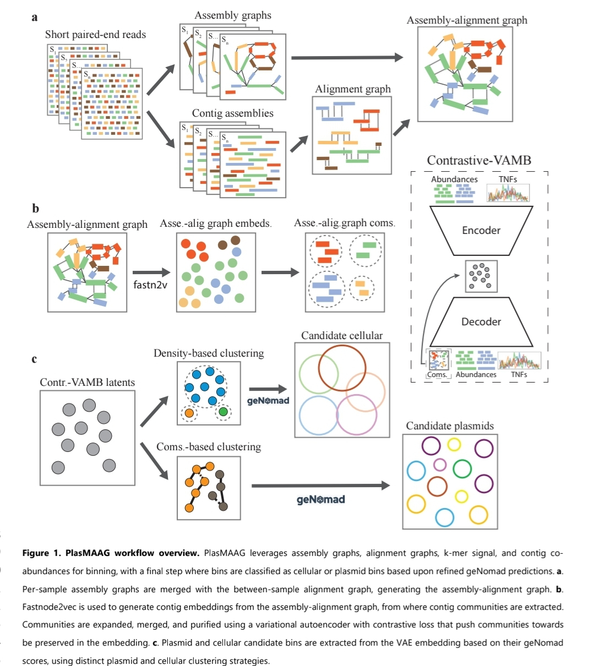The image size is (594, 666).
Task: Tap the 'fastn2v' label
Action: coord(150,285)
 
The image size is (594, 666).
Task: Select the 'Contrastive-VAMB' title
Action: coord(479,160)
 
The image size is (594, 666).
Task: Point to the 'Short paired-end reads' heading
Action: coord(95,35)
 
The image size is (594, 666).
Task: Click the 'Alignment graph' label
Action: coord(352,89)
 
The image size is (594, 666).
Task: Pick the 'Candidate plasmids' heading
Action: coord(450,425)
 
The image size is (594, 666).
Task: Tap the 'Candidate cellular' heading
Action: coord(341,335)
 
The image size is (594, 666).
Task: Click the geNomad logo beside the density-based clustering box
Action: coord(268,401)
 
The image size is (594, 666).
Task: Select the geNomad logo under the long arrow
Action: coord(320,500)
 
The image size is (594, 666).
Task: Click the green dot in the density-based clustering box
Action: coord(223,411)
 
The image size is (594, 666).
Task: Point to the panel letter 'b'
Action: coord(36,209)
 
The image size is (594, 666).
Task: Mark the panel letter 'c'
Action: coord(34,359)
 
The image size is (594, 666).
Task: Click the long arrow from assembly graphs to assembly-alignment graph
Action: coord(347,57)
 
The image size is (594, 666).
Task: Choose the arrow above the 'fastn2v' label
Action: coord(152,272)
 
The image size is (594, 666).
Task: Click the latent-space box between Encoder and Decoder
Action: coord(481,275)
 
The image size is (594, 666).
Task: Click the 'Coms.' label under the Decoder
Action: coord(438,374)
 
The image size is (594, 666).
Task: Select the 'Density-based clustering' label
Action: coord(209,353)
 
